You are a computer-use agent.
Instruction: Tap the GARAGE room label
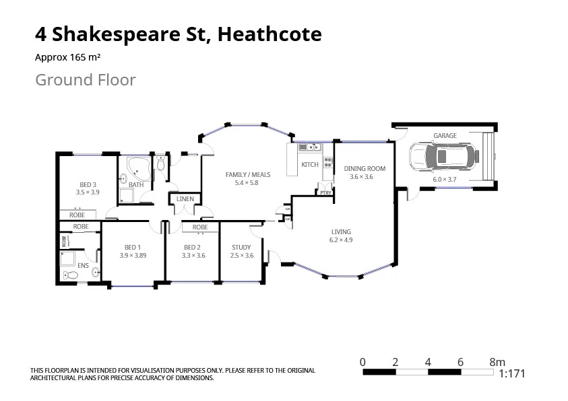tap(445, 136)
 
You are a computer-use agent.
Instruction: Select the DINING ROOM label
tap(365, 168)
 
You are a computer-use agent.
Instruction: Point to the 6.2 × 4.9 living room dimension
tap(341, 240)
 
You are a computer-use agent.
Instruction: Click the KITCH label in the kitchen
tap(309, 165)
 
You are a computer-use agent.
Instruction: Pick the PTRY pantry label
tap(325, 193)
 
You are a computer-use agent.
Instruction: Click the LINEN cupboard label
tap(185, 199)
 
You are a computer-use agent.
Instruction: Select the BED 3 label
tap(88, 185)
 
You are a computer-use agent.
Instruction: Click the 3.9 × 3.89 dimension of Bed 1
tap(133, 256)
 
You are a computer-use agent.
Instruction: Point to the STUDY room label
tap(241, 248)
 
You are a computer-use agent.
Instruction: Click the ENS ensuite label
tap(83, 266)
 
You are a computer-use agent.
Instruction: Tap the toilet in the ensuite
tap(69, 275)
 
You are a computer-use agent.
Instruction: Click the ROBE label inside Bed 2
tap(200, 227)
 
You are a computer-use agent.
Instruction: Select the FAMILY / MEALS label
tap(247, 175)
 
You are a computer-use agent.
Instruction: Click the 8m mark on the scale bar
tap(497, 362)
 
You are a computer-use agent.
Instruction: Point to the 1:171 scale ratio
tap(511, 374)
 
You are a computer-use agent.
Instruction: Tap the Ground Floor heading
tap(85, 80)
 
